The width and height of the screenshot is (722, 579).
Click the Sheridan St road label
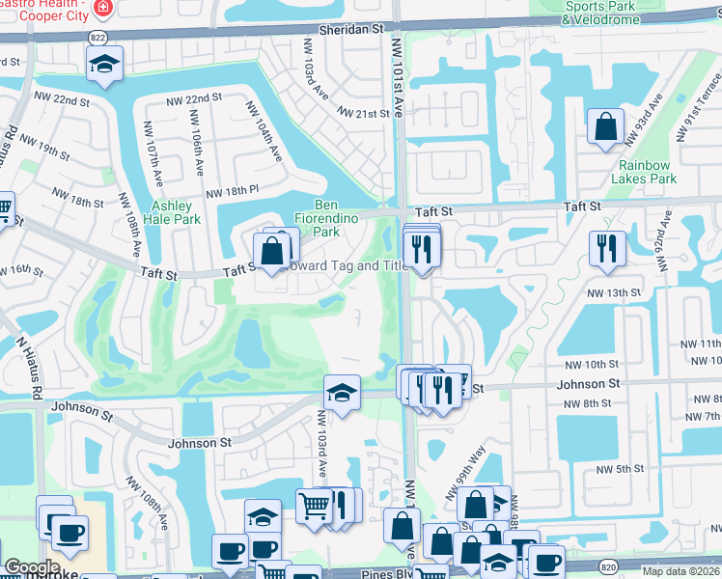343,30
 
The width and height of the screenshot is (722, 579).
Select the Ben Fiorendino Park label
327,218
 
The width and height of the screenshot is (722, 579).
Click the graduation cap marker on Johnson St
342,393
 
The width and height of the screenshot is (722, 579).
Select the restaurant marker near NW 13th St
607,247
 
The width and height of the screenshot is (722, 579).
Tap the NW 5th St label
620,469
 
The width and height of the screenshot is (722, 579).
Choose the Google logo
32,567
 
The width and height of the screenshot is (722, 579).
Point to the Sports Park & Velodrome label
602,12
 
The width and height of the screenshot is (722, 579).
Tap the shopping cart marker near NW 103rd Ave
314,505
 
